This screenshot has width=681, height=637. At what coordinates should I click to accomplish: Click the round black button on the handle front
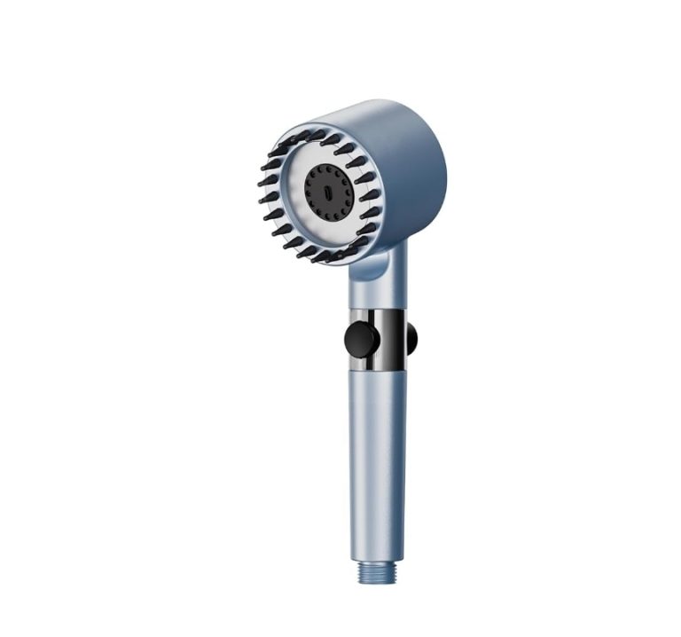pyautogui.click(x=361, y=339)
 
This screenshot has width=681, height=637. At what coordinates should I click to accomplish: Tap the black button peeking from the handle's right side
pyautogui.click(x=411, y=338)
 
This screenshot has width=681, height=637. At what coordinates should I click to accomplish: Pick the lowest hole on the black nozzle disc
pyautogui.click(x=326, y=216)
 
